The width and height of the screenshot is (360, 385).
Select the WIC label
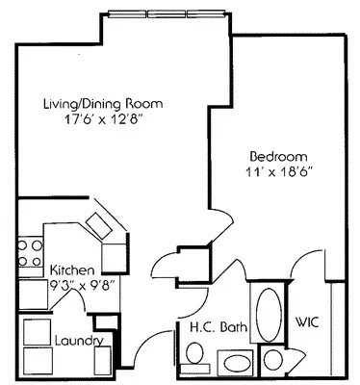308,320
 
